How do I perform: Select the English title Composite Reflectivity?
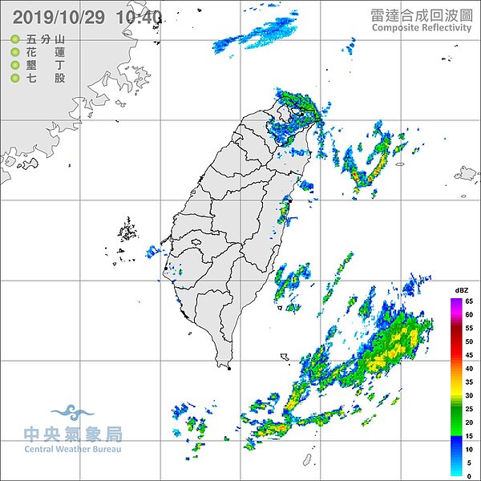click(422, 27)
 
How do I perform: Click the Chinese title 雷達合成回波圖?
click(422, 14)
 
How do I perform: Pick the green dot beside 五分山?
click(15, 39)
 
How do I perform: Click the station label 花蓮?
click(46, 52)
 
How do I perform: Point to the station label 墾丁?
click(46, 65)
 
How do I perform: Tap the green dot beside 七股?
click(15, 78)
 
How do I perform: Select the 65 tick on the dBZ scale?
click(470, 301)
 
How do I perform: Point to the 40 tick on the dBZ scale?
click(470, 368)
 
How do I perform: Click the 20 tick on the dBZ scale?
click(470, 422)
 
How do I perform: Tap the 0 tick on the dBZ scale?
click(470, 475)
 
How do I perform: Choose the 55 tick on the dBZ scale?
click(470, 328)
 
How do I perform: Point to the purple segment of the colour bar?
click(456, 303)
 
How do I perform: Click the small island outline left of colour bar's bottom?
click(306, 459)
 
